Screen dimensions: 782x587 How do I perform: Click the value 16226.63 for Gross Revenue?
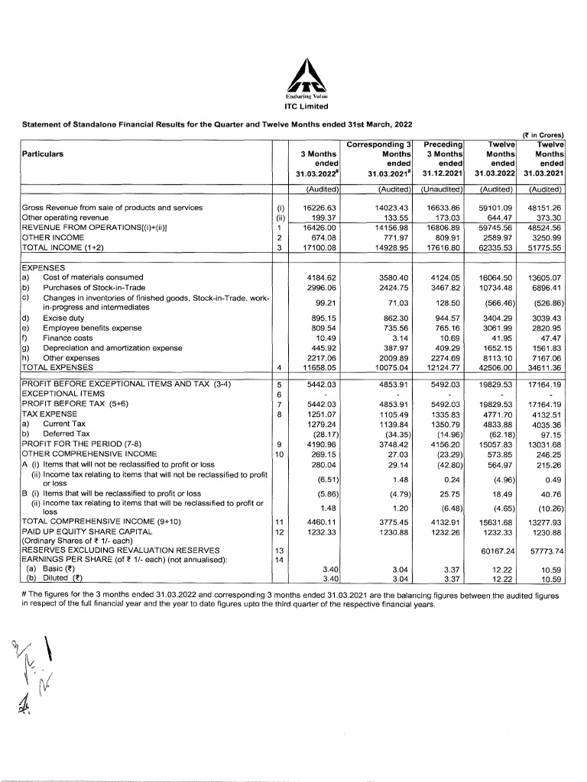click(321, 207)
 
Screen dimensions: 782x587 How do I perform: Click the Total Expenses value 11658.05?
click(321, 370)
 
